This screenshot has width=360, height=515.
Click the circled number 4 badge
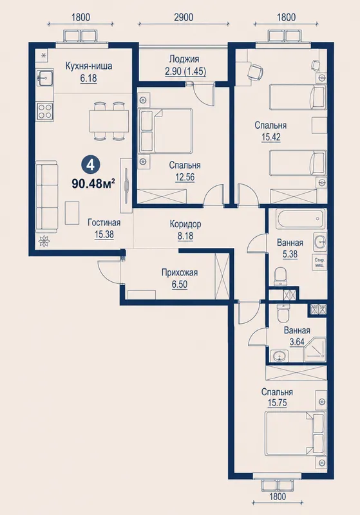point(90,165)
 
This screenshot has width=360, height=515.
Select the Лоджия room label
point(184,59)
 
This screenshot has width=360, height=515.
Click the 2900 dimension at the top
point(184,17)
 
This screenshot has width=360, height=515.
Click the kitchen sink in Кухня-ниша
point(45,78)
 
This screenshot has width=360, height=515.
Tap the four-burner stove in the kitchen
point(45,111)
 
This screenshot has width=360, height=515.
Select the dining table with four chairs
point(109,121)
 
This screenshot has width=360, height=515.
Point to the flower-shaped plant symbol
point(43,241)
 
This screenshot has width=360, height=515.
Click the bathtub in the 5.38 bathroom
point(301,219)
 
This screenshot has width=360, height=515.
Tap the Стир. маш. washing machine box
point(318,263)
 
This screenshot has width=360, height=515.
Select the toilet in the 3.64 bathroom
point(282,313)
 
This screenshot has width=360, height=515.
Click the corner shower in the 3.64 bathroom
point(315,349)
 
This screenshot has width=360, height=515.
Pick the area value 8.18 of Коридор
point(185,236)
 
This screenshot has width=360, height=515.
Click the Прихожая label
point(180,272)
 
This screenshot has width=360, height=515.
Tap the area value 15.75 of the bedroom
point(277,403)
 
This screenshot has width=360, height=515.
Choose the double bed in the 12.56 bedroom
point(166,131)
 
